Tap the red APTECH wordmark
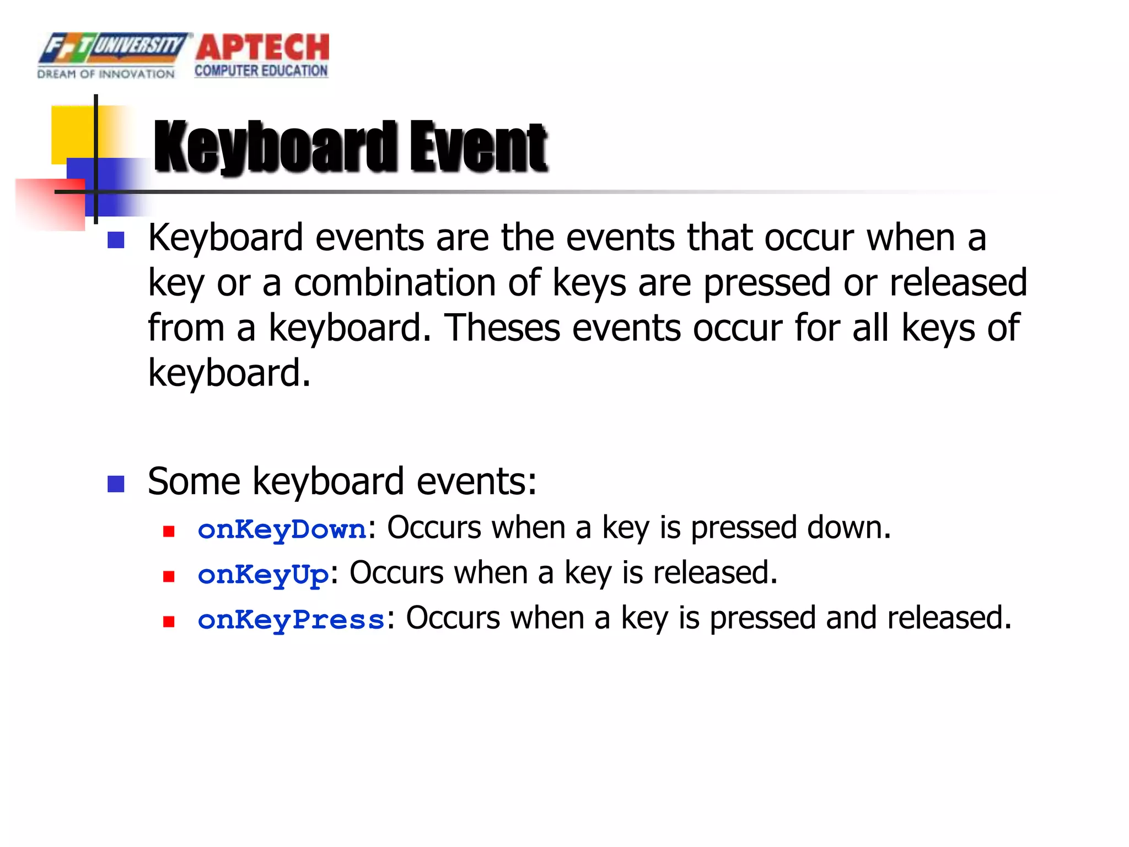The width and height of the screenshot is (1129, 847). click(x=262, y=47)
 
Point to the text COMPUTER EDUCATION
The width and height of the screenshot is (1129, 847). click(x=261, y=71)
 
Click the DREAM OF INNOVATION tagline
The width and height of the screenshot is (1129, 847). click(x=106, y=74)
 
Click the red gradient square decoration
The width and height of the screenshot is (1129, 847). click(x=50, y=204)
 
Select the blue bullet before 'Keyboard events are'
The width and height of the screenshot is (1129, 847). click(x=116, y=240)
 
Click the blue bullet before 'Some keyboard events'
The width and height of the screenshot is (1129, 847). click(x=116, y=484)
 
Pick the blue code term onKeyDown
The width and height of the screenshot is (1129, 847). click(x=282, y=529)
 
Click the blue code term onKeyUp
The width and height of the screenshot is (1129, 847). click(x=263, y=575)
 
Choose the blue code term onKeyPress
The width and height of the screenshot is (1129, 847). click(x=291, y=620)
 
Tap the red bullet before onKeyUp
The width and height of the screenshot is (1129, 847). click(x=169, y=577)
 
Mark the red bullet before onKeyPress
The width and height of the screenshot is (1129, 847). click(x=169, y=622)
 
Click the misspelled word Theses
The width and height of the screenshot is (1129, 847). click(x=502, y=328)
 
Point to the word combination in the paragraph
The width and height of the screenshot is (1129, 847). click(x=394, y=282)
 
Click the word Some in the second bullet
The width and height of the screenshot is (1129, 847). click(x=194, y=481)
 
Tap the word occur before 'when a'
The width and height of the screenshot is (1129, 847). click(x=808, y=238)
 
